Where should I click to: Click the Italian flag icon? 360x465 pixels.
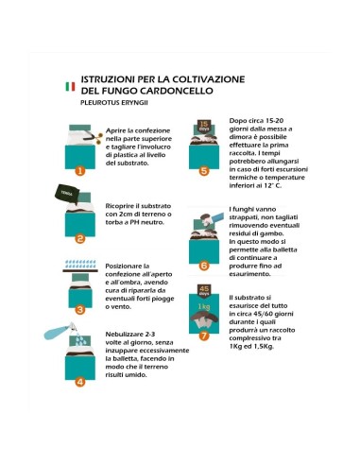coord(69,86)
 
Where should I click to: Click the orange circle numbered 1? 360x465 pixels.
coord(80,171)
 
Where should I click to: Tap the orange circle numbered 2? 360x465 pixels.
coord(80,239)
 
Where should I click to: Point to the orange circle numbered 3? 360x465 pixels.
coord(80,308)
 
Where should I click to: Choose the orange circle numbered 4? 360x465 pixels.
coord(80,382)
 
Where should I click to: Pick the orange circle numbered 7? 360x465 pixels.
coord(203,335)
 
